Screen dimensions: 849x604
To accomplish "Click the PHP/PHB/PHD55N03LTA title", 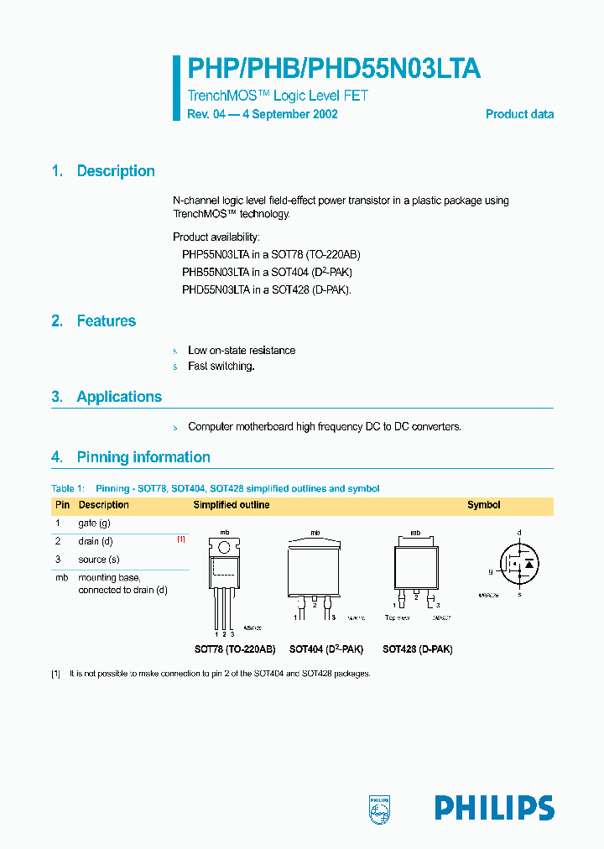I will [333, 68].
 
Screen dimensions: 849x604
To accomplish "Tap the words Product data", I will [519, 114].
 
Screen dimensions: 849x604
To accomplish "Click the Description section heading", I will [116, 171].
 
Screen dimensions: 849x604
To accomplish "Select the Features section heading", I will [106, 320].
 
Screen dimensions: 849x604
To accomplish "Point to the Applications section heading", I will [119, 397].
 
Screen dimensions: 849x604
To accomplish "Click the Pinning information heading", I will [143, 457].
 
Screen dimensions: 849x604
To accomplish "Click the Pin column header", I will [62, 505].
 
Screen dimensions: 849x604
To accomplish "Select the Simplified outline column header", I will [232, 505].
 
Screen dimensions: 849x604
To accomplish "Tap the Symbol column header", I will [483, 505].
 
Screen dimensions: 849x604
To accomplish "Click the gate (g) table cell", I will [95, 523].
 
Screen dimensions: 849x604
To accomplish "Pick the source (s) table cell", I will [99, 560].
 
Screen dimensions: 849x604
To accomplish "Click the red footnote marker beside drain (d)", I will [180, 540].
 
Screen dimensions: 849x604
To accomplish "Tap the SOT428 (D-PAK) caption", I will [417, 649].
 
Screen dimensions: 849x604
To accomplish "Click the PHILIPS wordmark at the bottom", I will [494, 807].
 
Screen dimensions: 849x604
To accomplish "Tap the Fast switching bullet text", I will [221, 367].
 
